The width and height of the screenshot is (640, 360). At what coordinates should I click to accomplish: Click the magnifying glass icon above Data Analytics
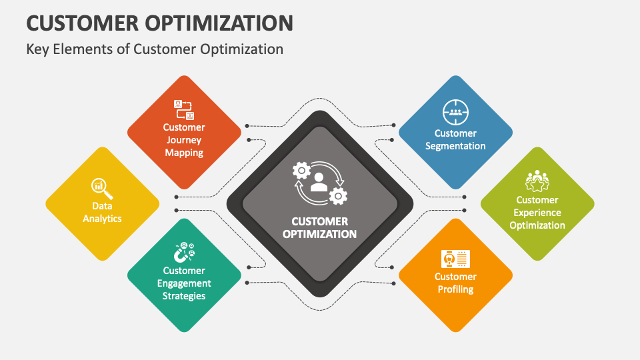[x=102, y=189]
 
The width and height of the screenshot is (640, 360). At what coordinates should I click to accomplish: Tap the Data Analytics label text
[x=102, y=212]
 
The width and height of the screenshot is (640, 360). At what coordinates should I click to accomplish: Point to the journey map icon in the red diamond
[x=184, y=109]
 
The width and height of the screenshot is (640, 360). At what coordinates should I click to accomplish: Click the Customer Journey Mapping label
[x=184, y=140]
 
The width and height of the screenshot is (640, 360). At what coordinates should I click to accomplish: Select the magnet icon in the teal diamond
[x=184, y=252]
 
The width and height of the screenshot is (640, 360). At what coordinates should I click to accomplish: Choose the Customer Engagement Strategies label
[x=184, y=283]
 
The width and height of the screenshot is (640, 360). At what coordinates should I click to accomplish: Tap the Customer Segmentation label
[x=455, y=139]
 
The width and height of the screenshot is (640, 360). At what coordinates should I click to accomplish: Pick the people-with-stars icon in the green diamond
[x=537, y=181]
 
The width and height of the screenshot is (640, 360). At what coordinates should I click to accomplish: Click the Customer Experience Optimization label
[x=537, y=213]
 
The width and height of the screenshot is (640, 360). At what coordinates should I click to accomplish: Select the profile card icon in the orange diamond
[x=455, y=258]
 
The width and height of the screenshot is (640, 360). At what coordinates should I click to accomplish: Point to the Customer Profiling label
[x=455, y=283]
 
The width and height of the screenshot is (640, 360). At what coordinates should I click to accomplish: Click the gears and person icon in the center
[x=319, y=181]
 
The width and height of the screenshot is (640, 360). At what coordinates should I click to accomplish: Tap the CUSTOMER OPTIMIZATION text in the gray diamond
[x=319, y=227]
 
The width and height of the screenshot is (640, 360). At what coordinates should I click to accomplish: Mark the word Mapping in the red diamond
[x=184, y=153]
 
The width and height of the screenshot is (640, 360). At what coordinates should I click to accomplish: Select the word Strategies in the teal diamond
[x=184, y=296]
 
